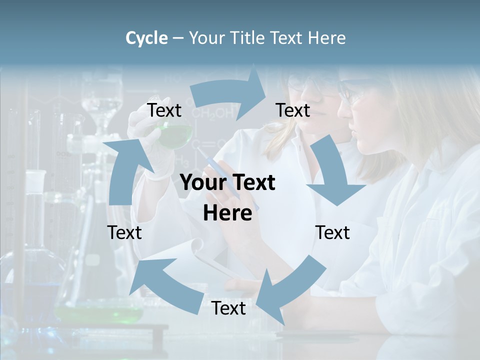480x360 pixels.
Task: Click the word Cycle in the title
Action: click(x=146, y=38)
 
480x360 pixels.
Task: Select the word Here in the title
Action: click(x=326, y=38)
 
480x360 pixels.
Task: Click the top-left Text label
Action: click(x=164, y=110)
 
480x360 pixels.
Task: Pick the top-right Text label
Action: click(x=292, y=110)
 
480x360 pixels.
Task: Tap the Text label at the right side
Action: click(x=332, y=232)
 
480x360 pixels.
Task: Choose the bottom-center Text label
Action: click(x=228, y=308)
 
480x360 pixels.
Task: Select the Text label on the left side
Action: click(x=124, y=232)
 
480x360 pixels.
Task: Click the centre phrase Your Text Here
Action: click(x=227, y=197)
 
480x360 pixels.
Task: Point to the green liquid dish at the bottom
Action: click(x=100, y=314)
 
